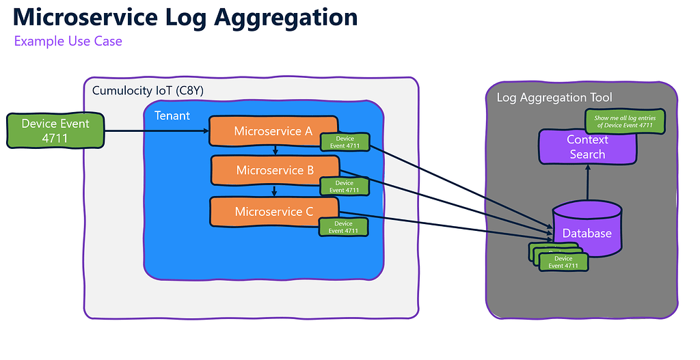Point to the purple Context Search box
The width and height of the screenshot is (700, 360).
(x=587, y=147)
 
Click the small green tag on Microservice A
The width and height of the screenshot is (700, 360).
(x=345, y=142)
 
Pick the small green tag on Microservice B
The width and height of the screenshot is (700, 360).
(x=345, y=186)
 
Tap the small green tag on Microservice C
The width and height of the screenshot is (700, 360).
(x=344, y=227)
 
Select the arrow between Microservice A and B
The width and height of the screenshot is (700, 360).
(x=274, y=150)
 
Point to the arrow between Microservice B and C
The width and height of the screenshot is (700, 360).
(x=274, y=191)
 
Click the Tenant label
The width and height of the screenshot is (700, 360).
(x=172, y=115)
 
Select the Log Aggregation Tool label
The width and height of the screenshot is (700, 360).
(x=554, y=98)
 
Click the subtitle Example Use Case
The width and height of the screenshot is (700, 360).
(x=68, y=41)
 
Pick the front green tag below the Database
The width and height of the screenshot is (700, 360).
(x=564, y=262)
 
